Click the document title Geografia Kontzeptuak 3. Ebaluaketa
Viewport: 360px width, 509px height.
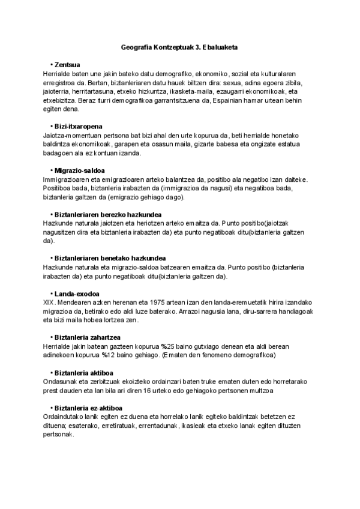pyautogui.click(x=180, y=47)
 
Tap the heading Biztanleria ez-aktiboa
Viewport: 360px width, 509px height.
pyautogui.click(x=89, y=408)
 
